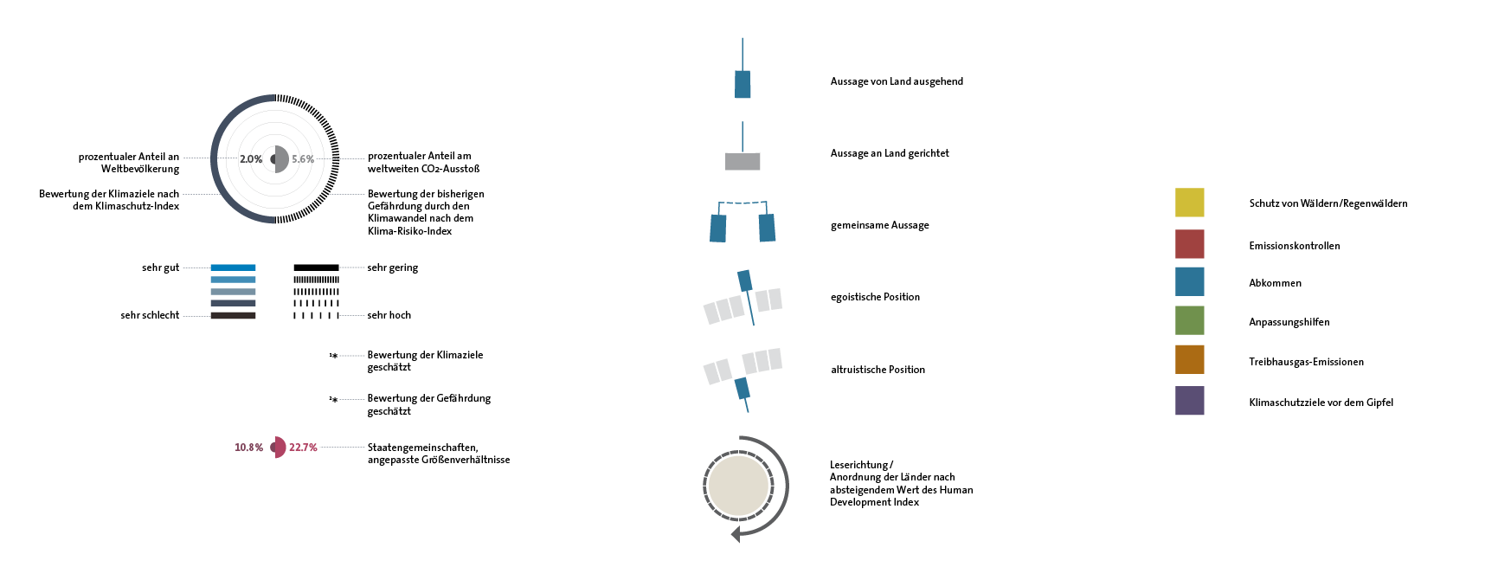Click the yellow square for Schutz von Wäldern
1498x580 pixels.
[1189, 203]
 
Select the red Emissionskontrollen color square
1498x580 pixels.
[1189, 244]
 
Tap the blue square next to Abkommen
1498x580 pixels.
[1189, 282]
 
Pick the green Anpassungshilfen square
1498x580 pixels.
[1189, 320]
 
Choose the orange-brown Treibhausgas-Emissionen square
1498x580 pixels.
[1189, 360]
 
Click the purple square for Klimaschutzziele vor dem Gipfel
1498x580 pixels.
[1189, 401]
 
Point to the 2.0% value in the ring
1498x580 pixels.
[251, 159]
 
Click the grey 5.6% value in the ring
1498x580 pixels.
[303, 159]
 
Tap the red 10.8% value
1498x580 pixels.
[248, 448]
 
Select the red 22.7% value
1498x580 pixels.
[303, 448]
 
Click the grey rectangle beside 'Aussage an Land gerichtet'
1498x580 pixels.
[743, 161]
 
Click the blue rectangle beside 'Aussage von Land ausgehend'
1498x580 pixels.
[743, 84]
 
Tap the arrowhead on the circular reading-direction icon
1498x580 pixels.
[736, 533]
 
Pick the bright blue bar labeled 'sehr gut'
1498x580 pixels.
[233, 267]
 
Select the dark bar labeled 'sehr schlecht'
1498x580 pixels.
[233, 315]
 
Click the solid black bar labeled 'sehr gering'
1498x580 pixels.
[316, 267]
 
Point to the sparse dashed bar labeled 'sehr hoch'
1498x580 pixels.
[316, 315]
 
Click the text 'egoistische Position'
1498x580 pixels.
[875, 297]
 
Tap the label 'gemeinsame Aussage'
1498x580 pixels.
[879, 225]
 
